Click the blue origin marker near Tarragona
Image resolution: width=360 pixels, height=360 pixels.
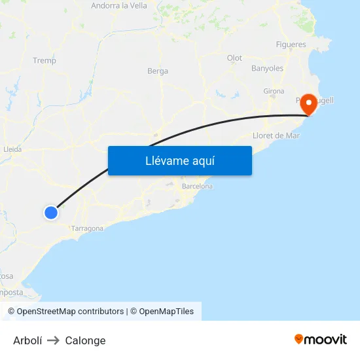point(51,212)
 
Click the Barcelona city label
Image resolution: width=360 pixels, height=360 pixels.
point(197,187)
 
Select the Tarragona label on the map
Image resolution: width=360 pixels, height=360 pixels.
point(88,228)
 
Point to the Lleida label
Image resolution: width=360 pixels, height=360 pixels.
point(12,149)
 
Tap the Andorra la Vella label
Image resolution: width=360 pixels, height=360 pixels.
point(119,6)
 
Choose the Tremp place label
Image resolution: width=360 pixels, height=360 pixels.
point(45,61)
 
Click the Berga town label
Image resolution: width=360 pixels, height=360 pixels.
point(158,71)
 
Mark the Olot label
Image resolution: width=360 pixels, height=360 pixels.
point(234,58)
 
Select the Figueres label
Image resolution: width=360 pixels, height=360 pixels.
point(291,45)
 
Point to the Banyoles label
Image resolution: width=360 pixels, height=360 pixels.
point(267,68)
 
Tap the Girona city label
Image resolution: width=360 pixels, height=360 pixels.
point(274,90)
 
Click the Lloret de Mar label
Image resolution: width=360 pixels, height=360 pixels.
point(276,135)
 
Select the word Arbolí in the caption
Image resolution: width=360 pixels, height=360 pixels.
point(27,340)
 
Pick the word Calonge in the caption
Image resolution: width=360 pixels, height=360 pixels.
point(85,340)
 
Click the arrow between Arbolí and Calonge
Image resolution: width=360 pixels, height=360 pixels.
point(54,340)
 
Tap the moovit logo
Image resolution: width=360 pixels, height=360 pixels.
point(321,339)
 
